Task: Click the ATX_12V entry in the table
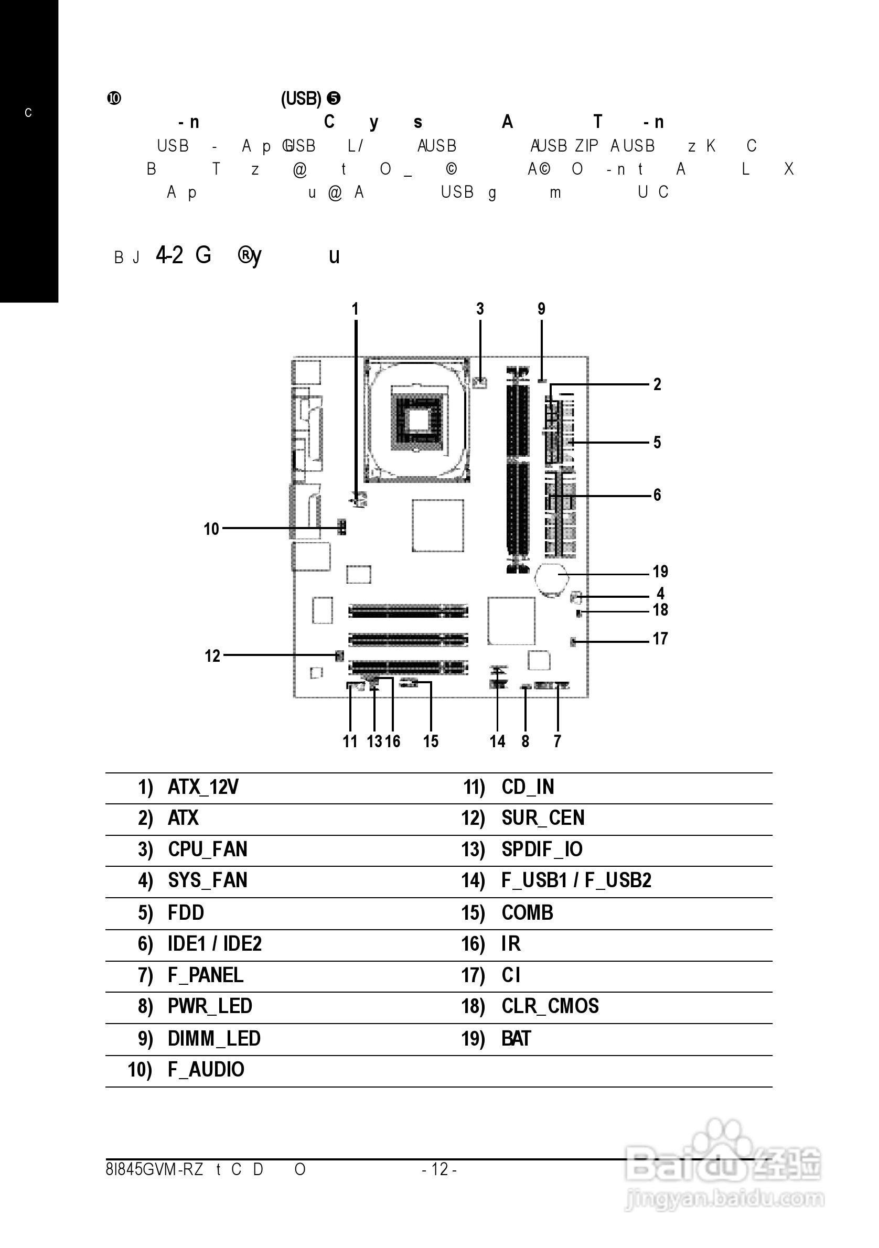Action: (203, 787)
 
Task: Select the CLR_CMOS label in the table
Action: (550, 1006)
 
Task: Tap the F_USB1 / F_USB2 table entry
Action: (576, 880)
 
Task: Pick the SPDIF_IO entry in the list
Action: (542, 849)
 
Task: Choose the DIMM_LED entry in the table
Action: (213, 1039)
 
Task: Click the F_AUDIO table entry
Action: (206, 1070)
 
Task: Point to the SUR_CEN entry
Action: (542, 818)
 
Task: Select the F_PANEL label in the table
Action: (205, 975)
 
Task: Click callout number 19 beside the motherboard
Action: (660, 572)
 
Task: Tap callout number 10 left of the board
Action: (211, 529)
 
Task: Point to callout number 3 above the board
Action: (480, 309)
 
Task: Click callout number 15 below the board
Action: (431, 741)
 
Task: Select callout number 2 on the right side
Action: (657, 385)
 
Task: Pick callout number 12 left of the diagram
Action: (212, 656)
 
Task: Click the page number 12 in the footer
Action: (439, 1169)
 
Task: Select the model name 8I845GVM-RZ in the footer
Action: (154, 1169)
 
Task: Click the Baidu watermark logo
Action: (723, 1164)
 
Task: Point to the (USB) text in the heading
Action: (301, 99)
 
